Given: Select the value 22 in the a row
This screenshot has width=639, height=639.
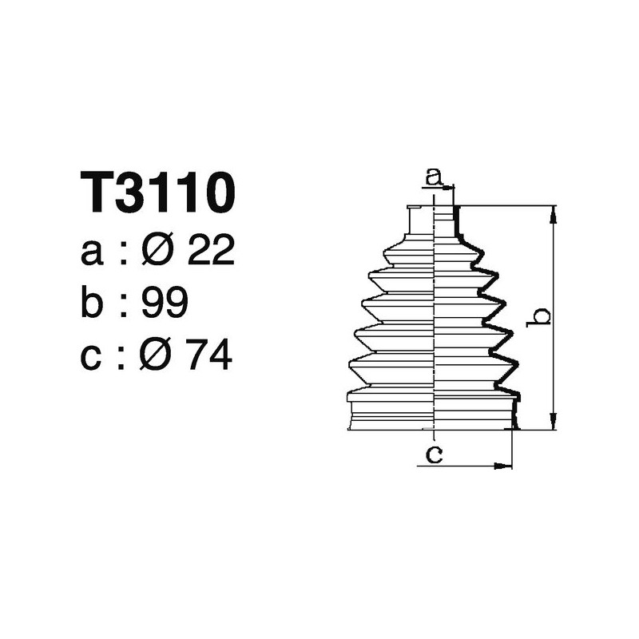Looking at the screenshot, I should pyautogui.click(x=211, y=252).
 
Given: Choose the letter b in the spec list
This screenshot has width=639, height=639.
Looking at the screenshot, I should pyautogui.click(x=93, y=304).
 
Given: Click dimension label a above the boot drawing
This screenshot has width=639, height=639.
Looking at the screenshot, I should pyautogui.click(x=434, y=177).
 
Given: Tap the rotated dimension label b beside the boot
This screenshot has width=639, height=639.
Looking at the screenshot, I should pyautogui.click(x=540, y=317).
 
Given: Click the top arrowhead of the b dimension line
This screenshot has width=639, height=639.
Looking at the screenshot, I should pyautogui.click(x=553, y=212).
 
